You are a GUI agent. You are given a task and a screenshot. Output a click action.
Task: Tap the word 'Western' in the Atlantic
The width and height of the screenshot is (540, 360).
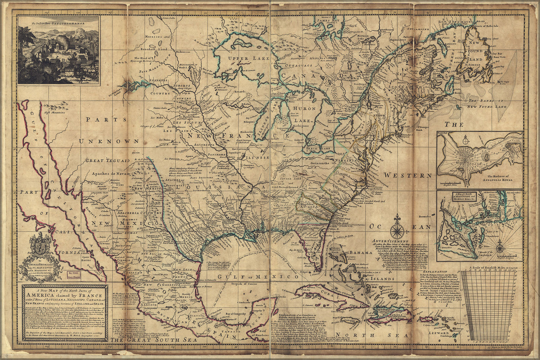(x=407, y=175)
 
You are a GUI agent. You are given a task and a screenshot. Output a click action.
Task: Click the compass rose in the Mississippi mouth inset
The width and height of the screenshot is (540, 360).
(x=501, y=248)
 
